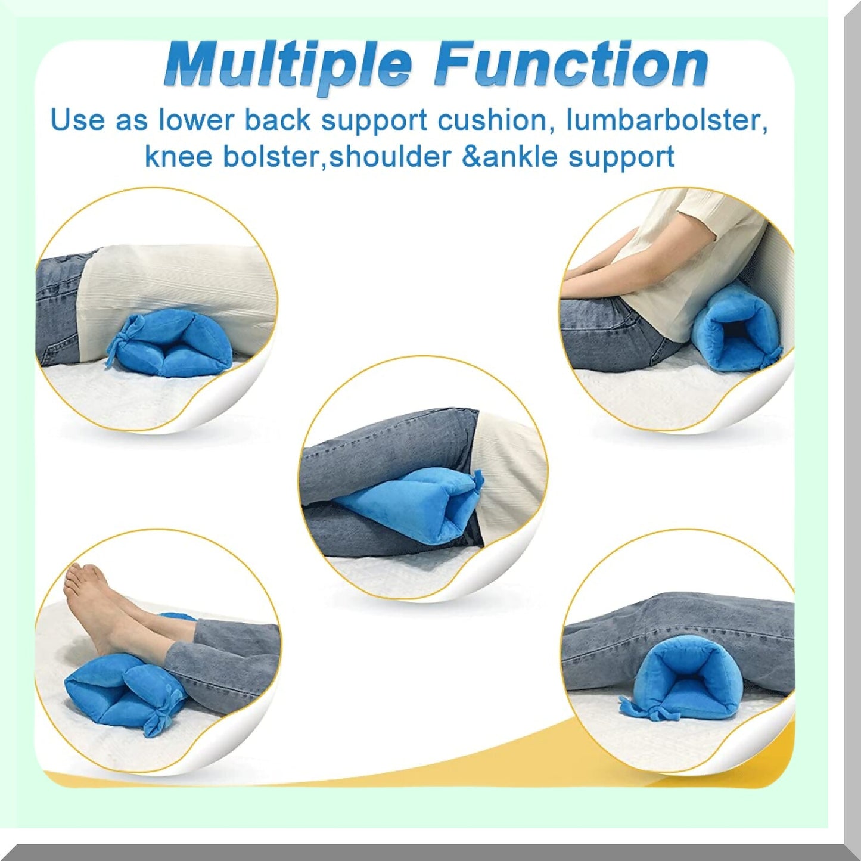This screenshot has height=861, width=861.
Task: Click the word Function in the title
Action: (571, 64)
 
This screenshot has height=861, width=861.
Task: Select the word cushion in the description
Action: (492, 120)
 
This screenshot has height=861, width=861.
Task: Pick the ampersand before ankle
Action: (471, 157)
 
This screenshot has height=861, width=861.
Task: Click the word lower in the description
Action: (195, 120)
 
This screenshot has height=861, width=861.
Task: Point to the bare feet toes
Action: (74, 581)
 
